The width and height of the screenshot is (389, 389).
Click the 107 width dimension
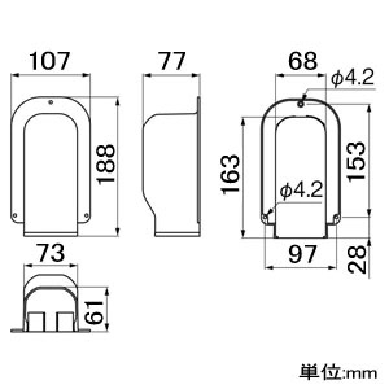click(x=51, y=62)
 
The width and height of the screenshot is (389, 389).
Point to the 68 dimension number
click(x=303, y=62)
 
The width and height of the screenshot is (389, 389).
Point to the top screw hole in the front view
click(x=51, y=101)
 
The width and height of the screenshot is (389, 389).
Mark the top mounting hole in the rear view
click(x=302, y=102)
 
